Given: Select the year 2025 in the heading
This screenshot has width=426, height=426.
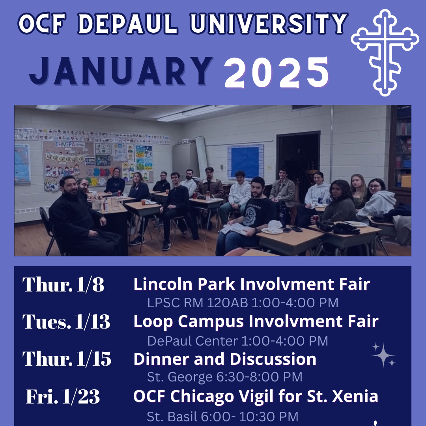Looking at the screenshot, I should [277, 73].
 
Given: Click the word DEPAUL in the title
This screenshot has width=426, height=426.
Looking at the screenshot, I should [131, 24].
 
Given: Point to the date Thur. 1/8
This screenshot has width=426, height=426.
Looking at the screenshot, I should [64, 284].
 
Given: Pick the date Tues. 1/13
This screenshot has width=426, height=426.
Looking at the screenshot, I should [66, 322].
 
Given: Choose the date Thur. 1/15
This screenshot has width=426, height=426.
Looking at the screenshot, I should [67, 359].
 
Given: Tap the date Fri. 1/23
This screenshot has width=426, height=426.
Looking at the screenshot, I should [63, 396].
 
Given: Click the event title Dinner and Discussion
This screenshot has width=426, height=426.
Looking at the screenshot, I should [225, 359].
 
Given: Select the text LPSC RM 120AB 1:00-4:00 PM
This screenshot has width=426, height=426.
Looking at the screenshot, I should [243, 303].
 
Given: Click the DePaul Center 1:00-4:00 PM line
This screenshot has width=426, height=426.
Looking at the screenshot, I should [237, 340].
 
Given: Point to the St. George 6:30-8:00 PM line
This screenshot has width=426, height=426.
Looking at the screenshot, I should [224, 377].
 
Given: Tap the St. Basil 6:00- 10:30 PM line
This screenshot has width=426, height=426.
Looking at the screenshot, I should [222, 416].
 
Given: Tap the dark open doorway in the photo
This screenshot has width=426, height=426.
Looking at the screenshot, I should [298, 158].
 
